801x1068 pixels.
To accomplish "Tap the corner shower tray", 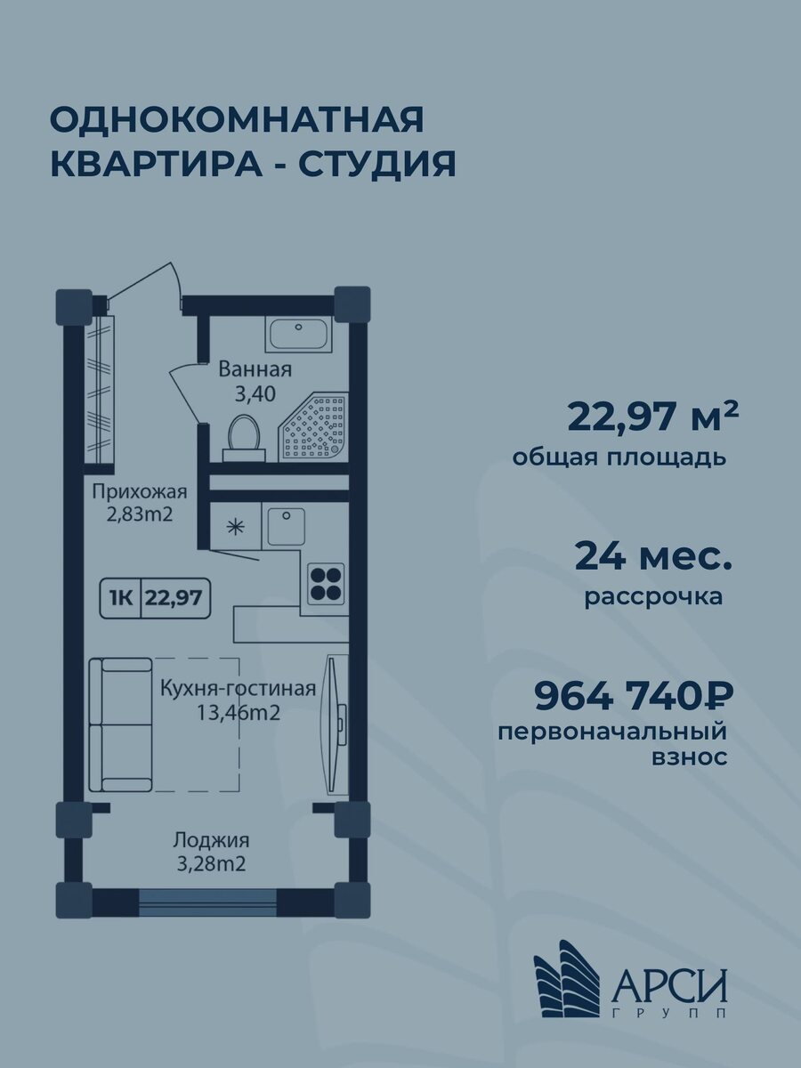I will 315,428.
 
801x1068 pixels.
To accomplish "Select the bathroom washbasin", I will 299,335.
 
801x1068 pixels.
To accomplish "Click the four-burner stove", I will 325,582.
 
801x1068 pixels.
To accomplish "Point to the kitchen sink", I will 285,527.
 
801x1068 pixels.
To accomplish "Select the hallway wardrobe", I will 101,388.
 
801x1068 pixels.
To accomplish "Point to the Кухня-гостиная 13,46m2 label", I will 239,700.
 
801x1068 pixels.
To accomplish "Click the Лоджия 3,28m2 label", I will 211,851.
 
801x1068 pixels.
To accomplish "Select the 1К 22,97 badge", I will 156,598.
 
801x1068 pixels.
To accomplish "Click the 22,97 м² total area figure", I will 653,415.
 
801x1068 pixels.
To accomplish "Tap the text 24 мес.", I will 653,556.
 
